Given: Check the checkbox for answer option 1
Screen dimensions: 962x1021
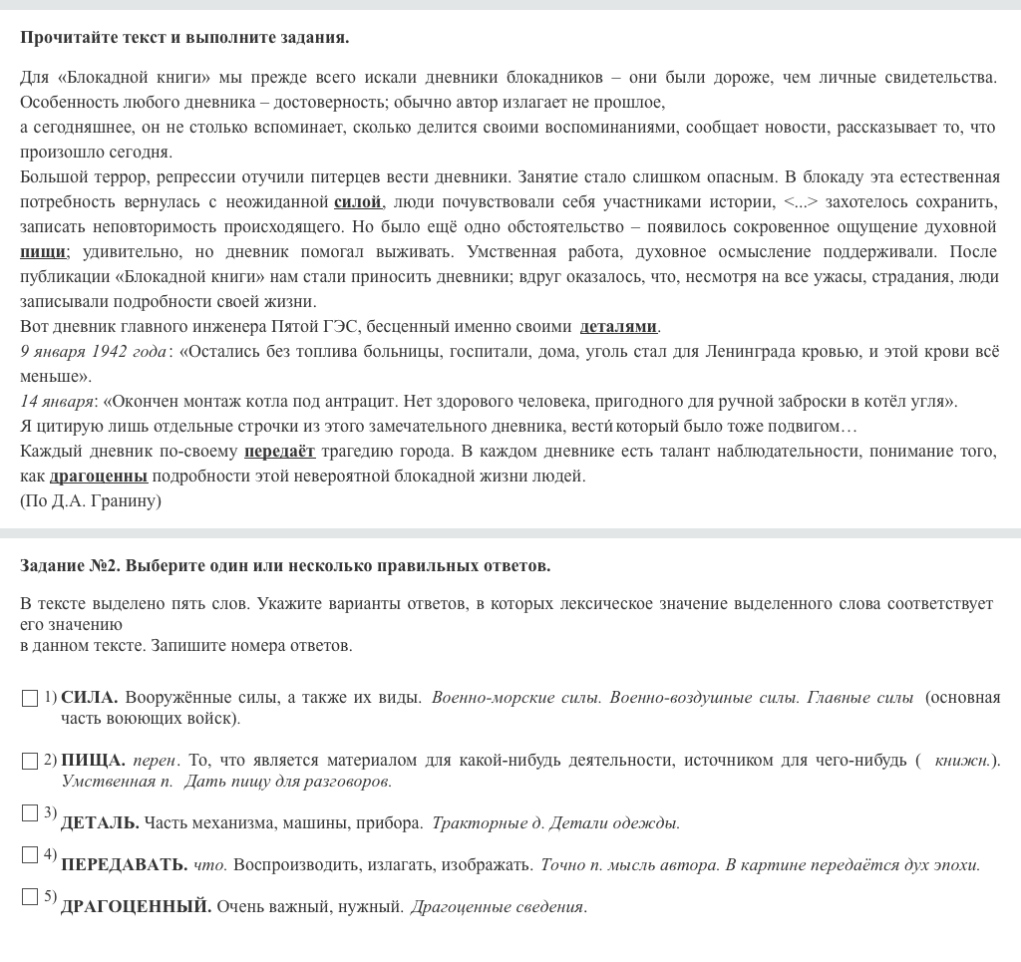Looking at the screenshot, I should [30, 699].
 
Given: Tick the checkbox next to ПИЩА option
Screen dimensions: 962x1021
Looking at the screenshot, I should [30, 762].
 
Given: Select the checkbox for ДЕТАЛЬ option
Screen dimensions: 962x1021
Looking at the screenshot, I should [30, 813].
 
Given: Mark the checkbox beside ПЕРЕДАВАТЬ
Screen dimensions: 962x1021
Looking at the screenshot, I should [30, 855].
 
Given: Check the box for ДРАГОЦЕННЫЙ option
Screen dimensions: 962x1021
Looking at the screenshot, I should [30, 897].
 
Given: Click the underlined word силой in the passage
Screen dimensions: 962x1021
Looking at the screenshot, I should [358, 202].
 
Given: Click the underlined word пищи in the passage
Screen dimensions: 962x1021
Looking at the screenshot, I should [43, 252].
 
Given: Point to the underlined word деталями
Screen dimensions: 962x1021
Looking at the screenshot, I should [618, 327].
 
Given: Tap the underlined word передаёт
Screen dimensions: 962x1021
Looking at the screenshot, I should [279, 452].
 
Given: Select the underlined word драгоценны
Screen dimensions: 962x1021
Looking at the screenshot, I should [98, 477].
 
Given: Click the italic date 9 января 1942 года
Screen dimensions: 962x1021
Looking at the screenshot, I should [94, 352].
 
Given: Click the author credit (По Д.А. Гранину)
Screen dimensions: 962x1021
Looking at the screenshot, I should [90, 501].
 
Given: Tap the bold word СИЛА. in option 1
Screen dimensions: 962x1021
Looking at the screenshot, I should [90, 698].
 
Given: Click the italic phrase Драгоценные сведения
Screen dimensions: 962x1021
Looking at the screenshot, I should [498, 907].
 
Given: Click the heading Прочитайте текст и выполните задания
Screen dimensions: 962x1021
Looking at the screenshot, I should [184, 38].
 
